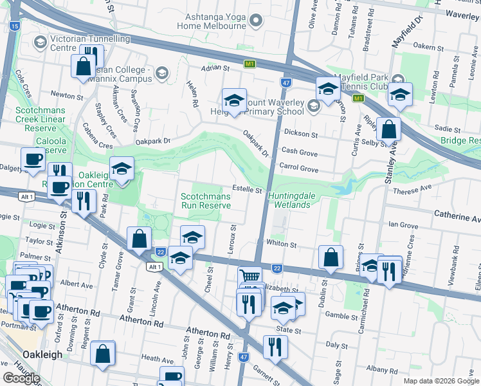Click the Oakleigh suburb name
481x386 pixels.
[x=42, y=354]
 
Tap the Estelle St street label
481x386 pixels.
[x=248, y=190]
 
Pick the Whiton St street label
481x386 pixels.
[x=282, y=244]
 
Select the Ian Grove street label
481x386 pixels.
[x=404, y=225]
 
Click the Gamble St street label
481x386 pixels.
[x=341, y=316]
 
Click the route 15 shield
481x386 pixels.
[x=15, y=26]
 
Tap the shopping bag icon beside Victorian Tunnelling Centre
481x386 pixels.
[x=83, y=66]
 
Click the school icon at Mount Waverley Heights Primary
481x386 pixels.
[x=235, y=101]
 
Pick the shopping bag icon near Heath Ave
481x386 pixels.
[x=102, y=354]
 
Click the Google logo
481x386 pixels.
[x=22, y=378]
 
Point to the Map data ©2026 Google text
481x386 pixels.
[x=441, y=381]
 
